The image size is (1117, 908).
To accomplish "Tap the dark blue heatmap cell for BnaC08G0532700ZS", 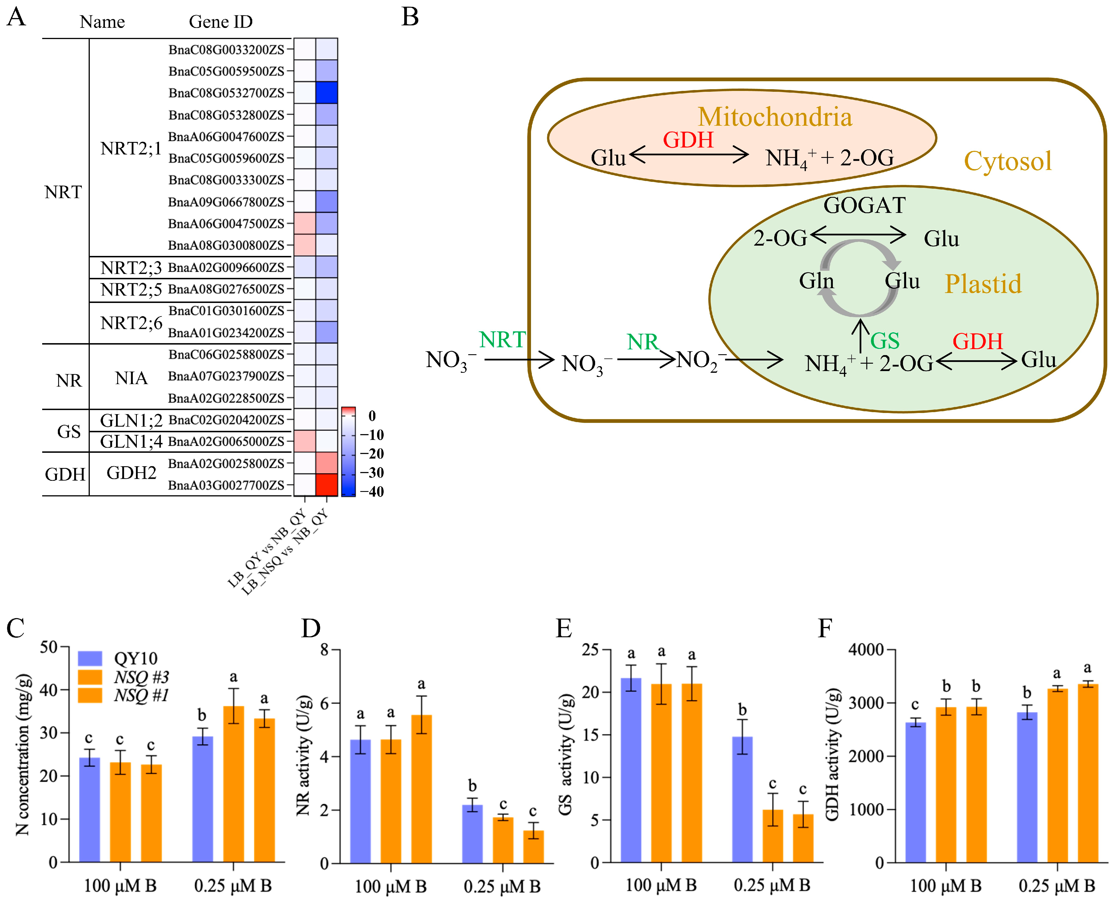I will [326, 93].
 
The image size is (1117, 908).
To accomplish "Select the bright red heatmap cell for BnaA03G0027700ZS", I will [326, 485].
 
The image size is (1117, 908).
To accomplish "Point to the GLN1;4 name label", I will [131, 441].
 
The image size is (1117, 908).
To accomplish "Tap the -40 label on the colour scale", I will [372, 492].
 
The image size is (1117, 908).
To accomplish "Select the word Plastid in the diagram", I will [982, 284].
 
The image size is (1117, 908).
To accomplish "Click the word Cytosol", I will [1007, 161].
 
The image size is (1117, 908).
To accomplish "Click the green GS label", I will [884, 341].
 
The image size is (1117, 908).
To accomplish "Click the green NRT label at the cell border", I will [502, 340].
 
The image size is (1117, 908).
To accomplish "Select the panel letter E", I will [563, 628].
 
